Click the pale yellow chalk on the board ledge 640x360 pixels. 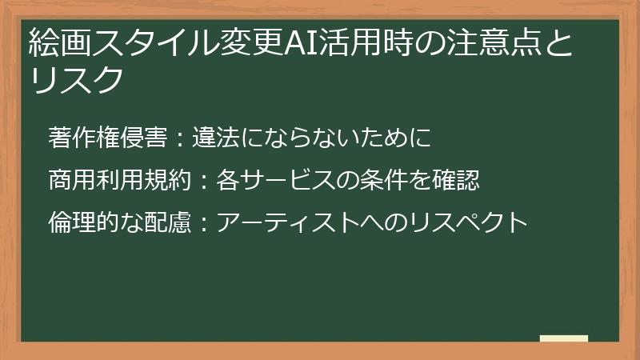click(563, 339)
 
